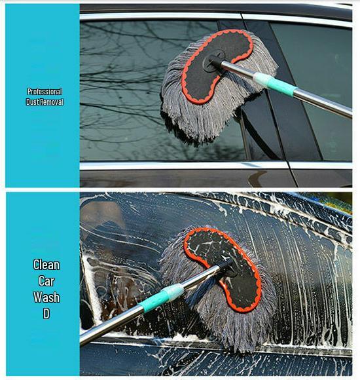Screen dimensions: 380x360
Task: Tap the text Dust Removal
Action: pyautogui.click(x=45, y=102)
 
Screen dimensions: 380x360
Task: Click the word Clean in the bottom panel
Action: pyautogui.click(x=46, y=265)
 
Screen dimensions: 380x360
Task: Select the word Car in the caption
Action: pyautogui.click(x=46, y=281)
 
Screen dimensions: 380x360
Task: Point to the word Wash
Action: pyautogui.click(x=46, y=297)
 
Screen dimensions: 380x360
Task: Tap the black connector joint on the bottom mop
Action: pyautogui.click(x=225, y=268)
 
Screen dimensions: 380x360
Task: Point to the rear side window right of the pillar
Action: pyautogui.click(x=314, y=59)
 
